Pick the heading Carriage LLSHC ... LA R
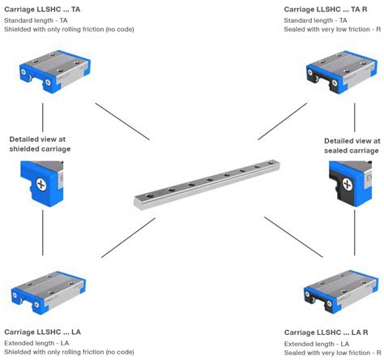coord(328,332)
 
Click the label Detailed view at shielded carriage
coord(41,145)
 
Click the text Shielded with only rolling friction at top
coord(69,29)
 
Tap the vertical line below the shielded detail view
coord(42,235)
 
